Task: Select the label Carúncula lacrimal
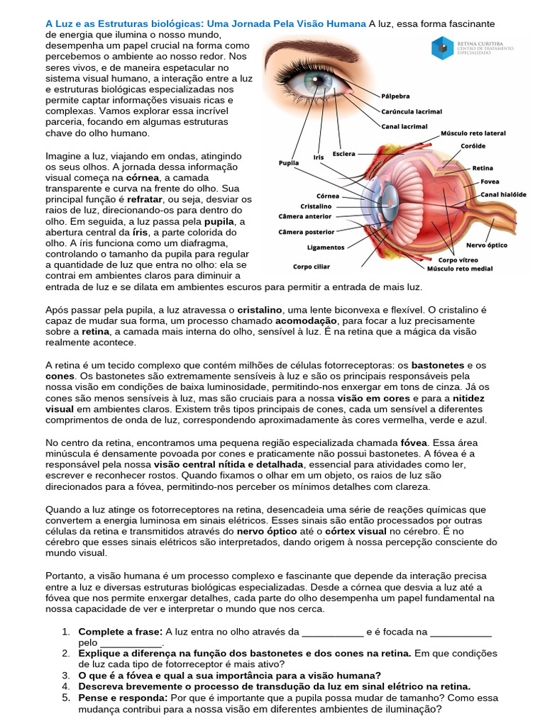coord(412,111)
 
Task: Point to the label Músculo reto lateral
coord(473,133)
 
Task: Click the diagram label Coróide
coord(473,146)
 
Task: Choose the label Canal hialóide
coord(503,194)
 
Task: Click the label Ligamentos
coord(326,247)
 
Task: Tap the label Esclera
coord(344,153)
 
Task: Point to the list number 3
coord(65,675)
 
